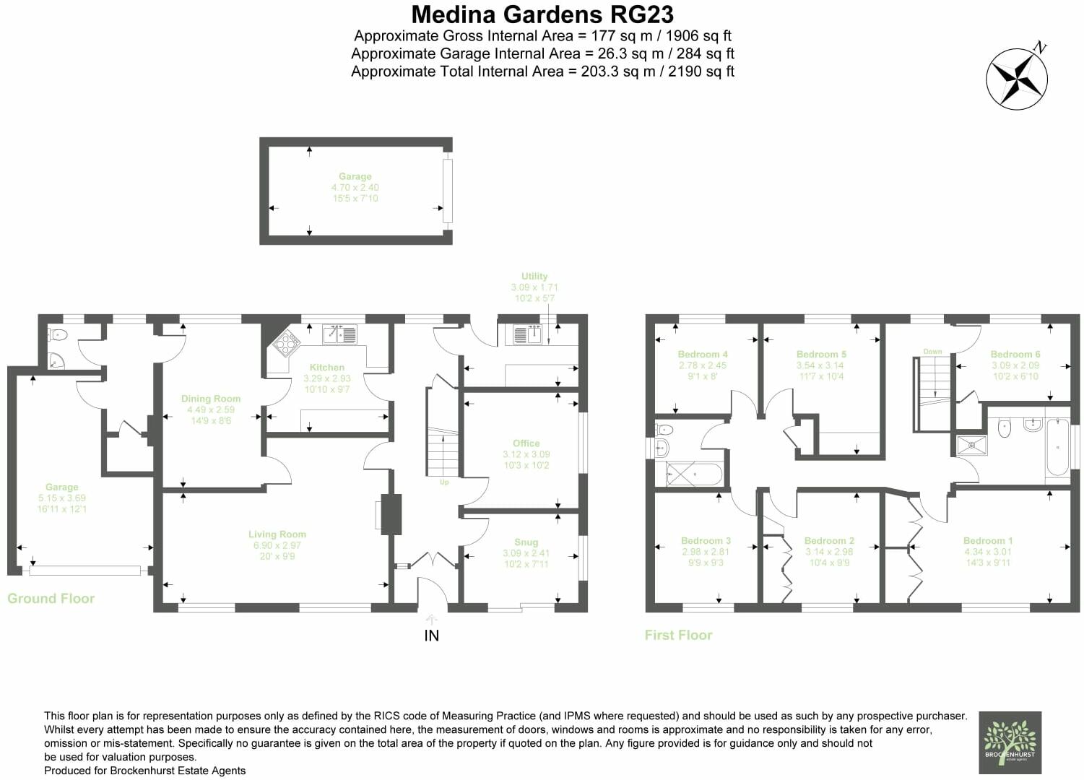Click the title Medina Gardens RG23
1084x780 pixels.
point(542,14)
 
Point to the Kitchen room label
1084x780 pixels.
point(327,368)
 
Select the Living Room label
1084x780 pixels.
point(277,534)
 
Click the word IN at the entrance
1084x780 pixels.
point(431,636)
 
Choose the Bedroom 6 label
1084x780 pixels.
point(1015,355)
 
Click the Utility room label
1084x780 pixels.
point(534,276)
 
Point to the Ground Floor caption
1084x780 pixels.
point(51,599)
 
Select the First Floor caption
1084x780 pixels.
point(678,636)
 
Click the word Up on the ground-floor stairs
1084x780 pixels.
point(444,482)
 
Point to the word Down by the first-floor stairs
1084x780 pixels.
point(932,352)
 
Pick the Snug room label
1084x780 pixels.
point(526,542)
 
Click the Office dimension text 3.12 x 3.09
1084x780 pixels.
point(526,454)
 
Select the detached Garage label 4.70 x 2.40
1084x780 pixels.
point(355,187)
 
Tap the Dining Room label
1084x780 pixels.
point(211,399)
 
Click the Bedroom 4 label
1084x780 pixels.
point(703,355)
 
